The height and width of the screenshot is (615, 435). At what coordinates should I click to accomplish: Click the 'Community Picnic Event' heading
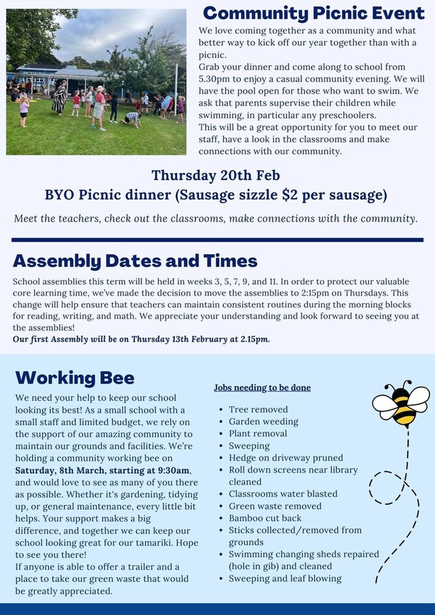(x=314, y=14)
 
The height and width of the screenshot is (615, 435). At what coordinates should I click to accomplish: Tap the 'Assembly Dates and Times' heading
(x=135, y=261)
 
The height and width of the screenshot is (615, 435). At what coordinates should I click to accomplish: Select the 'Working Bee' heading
(x=75, y=378)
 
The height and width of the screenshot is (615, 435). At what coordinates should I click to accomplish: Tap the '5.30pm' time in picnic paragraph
(x=216, y=78)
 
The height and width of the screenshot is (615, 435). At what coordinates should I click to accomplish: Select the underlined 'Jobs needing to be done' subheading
(x=262, y=388)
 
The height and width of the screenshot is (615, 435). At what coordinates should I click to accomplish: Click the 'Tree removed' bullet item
(x=258, y=409)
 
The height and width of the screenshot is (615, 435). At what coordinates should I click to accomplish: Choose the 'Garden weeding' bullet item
(x=263, y=422)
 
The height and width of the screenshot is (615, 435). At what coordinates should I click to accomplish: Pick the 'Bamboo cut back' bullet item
(x=265, y=518)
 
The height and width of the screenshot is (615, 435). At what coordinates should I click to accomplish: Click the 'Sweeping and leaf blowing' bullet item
(x=285, y=579)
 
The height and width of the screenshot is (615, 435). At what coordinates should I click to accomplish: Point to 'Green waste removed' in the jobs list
(x=275, y=506)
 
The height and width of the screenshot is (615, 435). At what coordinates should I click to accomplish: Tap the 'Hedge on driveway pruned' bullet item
(x=285, y=458)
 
